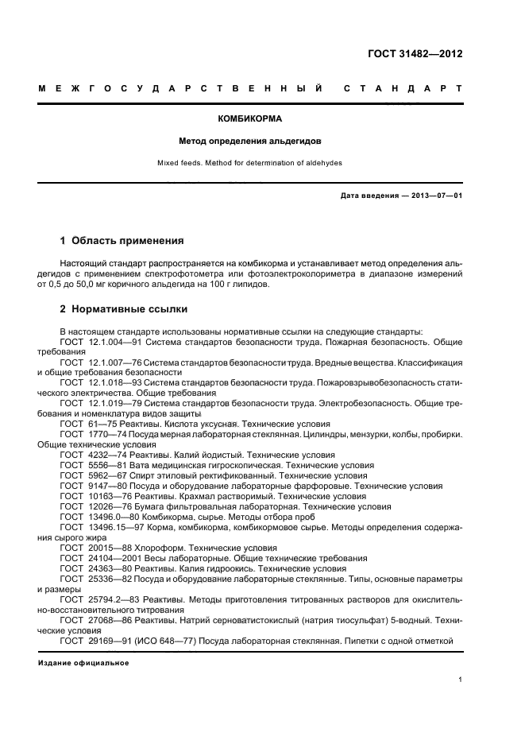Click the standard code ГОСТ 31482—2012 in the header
click(x=415, y=55)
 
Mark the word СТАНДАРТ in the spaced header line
click(x=403, y=87)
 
